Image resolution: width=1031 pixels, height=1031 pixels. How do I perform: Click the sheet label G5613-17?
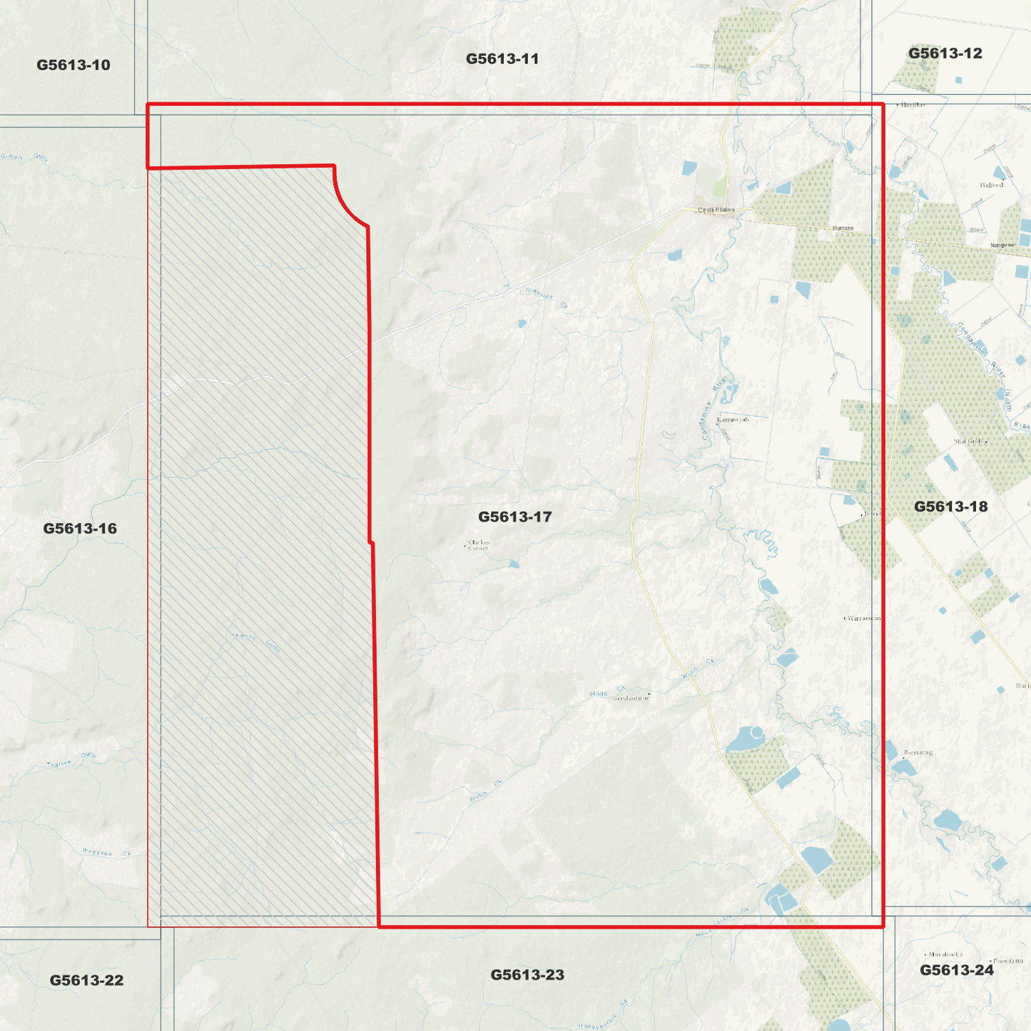point(514,517)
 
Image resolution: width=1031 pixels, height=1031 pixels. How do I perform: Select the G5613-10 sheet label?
point(73,65)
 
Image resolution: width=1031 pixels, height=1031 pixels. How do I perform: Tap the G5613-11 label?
point(502,59)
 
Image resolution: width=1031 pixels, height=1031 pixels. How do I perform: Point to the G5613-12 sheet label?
point(945,54)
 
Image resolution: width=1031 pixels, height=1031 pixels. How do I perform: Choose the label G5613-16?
point(80,529)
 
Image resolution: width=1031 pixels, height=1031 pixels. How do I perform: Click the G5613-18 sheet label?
point(950,507)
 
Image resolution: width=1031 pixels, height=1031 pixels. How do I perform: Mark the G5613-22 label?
point(86,980)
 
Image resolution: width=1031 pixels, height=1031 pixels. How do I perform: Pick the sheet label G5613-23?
point(527,975)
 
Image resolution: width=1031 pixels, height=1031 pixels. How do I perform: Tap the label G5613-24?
point(956,970)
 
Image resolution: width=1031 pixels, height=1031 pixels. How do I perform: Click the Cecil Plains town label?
point(716,210)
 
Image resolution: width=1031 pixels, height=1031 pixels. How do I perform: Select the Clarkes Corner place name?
point(479,545)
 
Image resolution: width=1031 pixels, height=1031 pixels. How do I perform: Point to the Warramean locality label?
point(864,618)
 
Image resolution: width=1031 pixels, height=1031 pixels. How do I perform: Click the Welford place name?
point(991,185)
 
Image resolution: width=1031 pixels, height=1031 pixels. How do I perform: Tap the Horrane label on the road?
point(843,228)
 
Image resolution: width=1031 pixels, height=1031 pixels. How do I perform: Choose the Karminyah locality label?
point(733,420)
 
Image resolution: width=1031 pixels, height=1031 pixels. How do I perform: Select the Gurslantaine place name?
point(631,698)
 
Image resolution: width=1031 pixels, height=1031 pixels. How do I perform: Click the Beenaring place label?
point(918,752)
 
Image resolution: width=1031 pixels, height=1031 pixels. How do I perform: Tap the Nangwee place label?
point(1002,245)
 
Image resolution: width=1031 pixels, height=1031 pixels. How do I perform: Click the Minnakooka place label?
point(945,954)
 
